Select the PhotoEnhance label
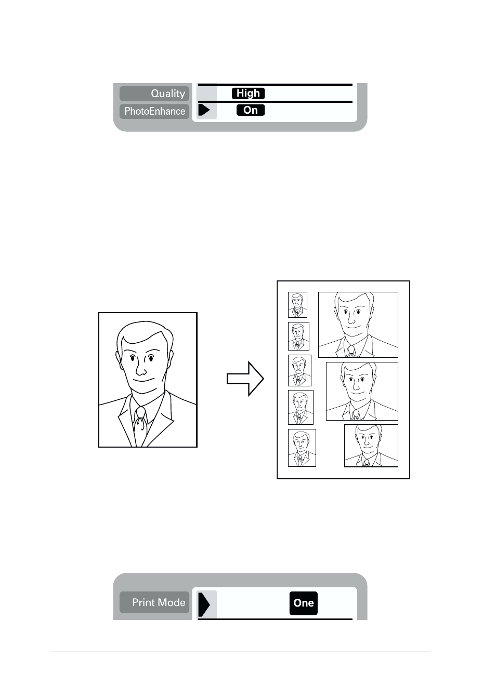point(154,111)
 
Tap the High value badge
point(248,93)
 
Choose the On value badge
point(251,110)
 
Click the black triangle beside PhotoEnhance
point(204,110)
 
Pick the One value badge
point(304,603)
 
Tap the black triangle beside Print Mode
point(204,604)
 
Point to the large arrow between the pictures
point(245,379)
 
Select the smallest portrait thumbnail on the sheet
point(297,305)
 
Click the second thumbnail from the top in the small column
point(298,336)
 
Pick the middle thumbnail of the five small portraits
point(299,370)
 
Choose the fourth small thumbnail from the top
point(301,407)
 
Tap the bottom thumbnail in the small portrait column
point(302,448)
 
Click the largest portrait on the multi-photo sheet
point(358,325)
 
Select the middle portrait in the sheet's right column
point(362,391)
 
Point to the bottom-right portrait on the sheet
point(371,446)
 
